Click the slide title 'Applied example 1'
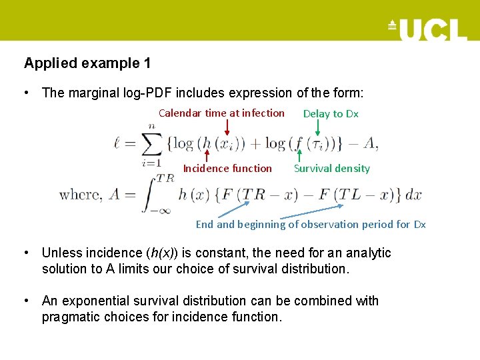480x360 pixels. [87, 63]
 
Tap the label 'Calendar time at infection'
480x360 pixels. [221, 113]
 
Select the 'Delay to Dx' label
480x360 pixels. [331, 114]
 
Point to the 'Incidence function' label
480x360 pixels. [227, 169]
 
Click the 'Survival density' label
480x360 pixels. [332, 169]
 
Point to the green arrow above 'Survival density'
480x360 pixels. [299, 155]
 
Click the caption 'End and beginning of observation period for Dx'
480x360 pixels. [311, 225]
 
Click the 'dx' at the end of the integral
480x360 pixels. [413, 195]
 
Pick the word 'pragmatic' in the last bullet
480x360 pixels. [71, 317]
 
